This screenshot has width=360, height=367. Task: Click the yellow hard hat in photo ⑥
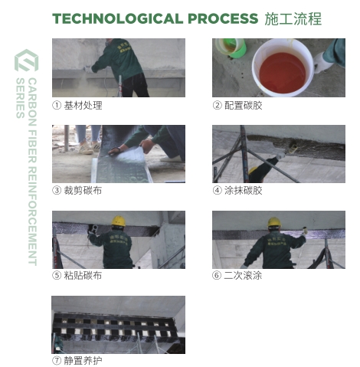(274, 222)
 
